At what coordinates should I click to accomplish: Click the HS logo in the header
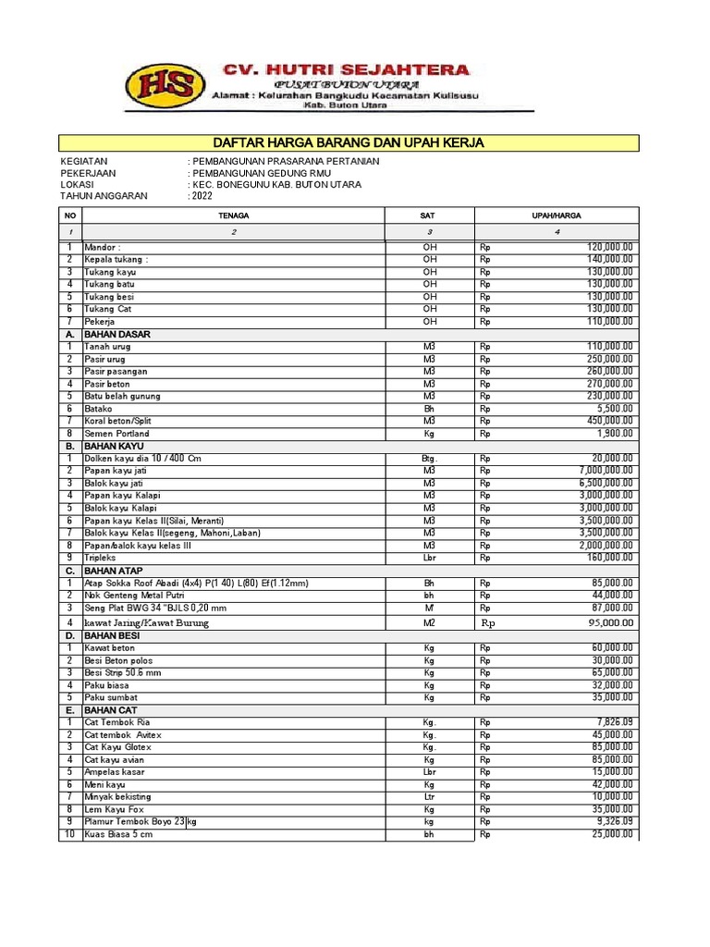(167, 86)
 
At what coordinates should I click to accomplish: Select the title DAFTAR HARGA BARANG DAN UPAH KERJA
(349, 142)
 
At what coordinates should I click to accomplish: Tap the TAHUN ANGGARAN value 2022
(202, 196)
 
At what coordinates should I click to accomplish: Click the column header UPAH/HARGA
(556, 215)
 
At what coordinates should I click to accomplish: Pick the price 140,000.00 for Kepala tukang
(609, 260)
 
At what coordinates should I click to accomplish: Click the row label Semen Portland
(116, 434)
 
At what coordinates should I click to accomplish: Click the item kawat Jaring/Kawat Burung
(146, 622)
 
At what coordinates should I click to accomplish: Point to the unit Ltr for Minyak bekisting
(429, 797)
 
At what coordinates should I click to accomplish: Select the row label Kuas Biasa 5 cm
(118, 834)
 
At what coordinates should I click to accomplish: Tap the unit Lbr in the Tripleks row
(429, 559)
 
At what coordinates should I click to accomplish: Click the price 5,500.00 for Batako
(613, 408)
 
